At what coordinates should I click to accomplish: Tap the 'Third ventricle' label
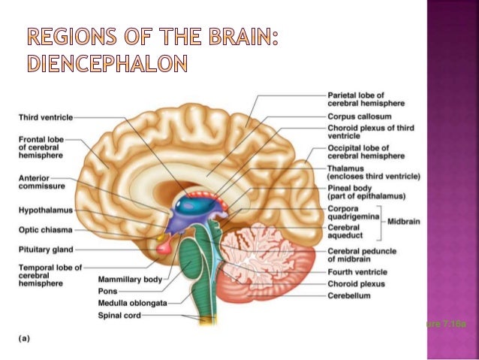point(46,118)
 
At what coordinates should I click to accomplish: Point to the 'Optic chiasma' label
point(44,229)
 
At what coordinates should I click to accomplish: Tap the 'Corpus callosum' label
point(357,116)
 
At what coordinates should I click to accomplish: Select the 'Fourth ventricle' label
point(357,272)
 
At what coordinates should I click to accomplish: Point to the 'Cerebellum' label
point(349,295)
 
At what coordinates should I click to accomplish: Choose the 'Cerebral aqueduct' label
point(348,230)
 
